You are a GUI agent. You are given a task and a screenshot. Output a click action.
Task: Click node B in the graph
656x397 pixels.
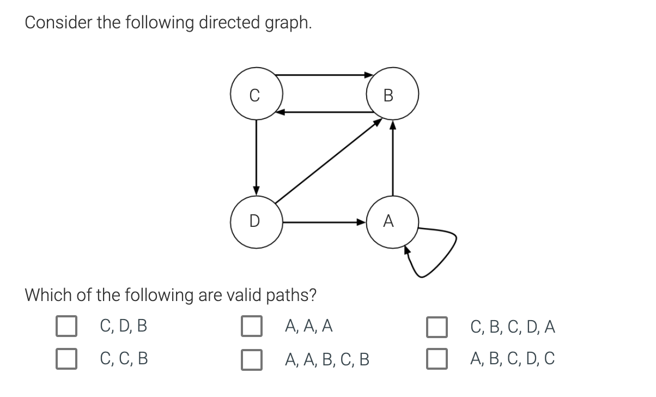pyautogui.click(x=392, y=94)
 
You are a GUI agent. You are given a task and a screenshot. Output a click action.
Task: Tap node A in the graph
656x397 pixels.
pyautogui.click(x=392, y=221)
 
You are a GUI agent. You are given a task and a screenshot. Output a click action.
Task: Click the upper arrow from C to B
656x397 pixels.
pyautogui.click(x=324, y=75)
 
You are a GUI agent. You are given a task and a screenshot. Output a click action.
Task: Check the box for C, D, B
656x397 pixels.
pyautogui.click(x=66, y=327)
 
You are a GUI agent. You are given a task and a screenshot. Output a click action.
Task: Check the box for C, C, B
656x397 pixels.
pyautogui.click(x=66, y=359)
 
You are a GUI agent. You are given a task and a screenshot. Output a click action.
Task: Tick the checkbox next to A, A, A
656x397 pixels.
pyautogui.click(x=252, y=327)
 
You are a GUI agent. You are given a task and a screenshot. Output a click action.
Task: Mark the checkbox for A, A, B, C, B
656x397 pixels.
pyautogui.click(x=252, y=359)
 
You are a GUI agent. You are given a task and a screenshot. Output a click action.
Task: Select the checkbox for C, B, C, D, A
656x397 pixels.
pyautogui.click(x=437, y=327)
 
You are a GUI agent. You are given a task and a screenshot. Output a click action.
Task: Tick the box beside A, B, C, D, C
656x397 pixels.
pyautogui.click(x=437, y=359)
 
